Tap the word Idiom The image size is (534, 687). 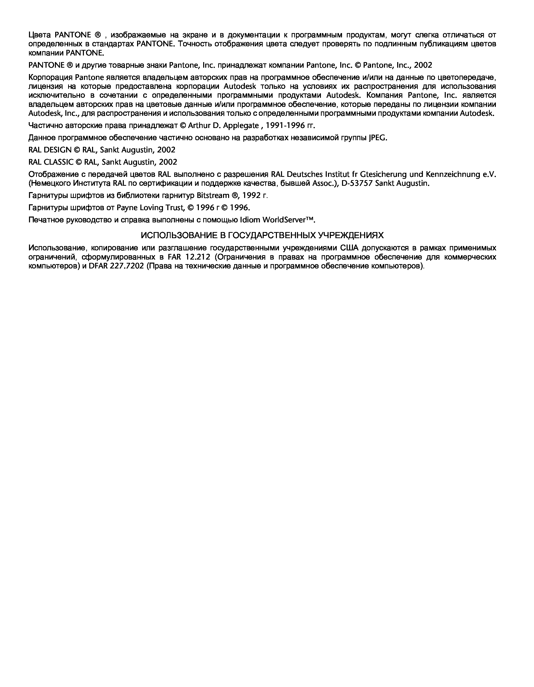[250, 220]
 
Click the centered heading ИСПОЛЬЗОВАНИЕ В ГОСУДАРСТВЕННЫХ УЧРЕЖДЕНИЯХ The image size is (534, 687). [262, 236]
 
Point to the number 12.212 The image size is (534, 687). [198, 257]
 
